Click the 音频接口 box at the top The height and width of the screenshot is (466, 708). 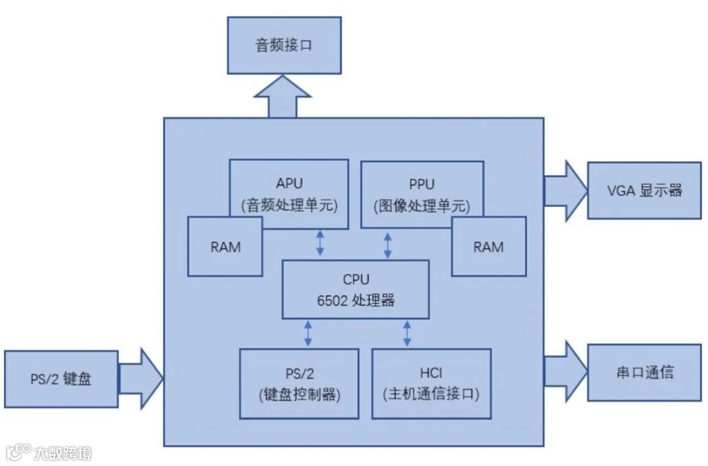click(x=284, y=45)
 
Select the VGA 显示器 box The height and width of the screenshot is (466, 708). click(x=644, y=190)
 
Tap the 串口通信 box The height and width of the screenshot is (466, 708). click(x=644, y=372)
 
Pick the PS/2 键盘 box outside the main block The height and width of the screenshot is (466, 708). click(x=61, y=379)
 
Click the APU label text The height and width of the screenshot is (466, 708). click(x=289, y=184)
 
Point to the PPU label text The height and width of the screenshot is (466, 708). click(x=422, y=184)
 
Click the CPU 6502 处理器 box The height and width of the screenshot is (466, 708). click(x=356, y=289)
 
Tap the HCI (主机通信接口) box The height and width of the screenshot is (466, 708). click(x=431, y=383)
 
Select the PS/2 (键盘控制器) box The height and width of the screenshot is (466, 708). click(x=298, y=383)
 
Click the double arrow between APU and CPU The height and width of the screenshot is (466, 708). click(x=319, y=243)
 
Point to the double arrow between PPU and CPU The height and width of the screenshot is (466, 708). click(x=387, y=243)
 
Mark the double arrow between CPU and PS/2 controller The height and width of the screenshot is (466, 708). click(x=307, y=333)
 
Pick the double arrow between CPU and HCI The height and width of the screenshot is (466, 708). click(x=406, y=333)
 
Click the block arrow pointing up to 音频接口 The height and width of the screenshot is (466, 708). click(x=282, y=98)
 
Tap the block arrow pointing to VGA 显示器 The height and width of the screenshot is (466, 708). click(x=566, y=190)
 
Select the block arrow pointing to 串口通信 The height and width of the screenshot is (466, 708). click(x=566, y=372)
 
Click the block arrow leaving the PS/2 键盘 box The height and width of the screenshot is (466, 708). click(x=140, y=379)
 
